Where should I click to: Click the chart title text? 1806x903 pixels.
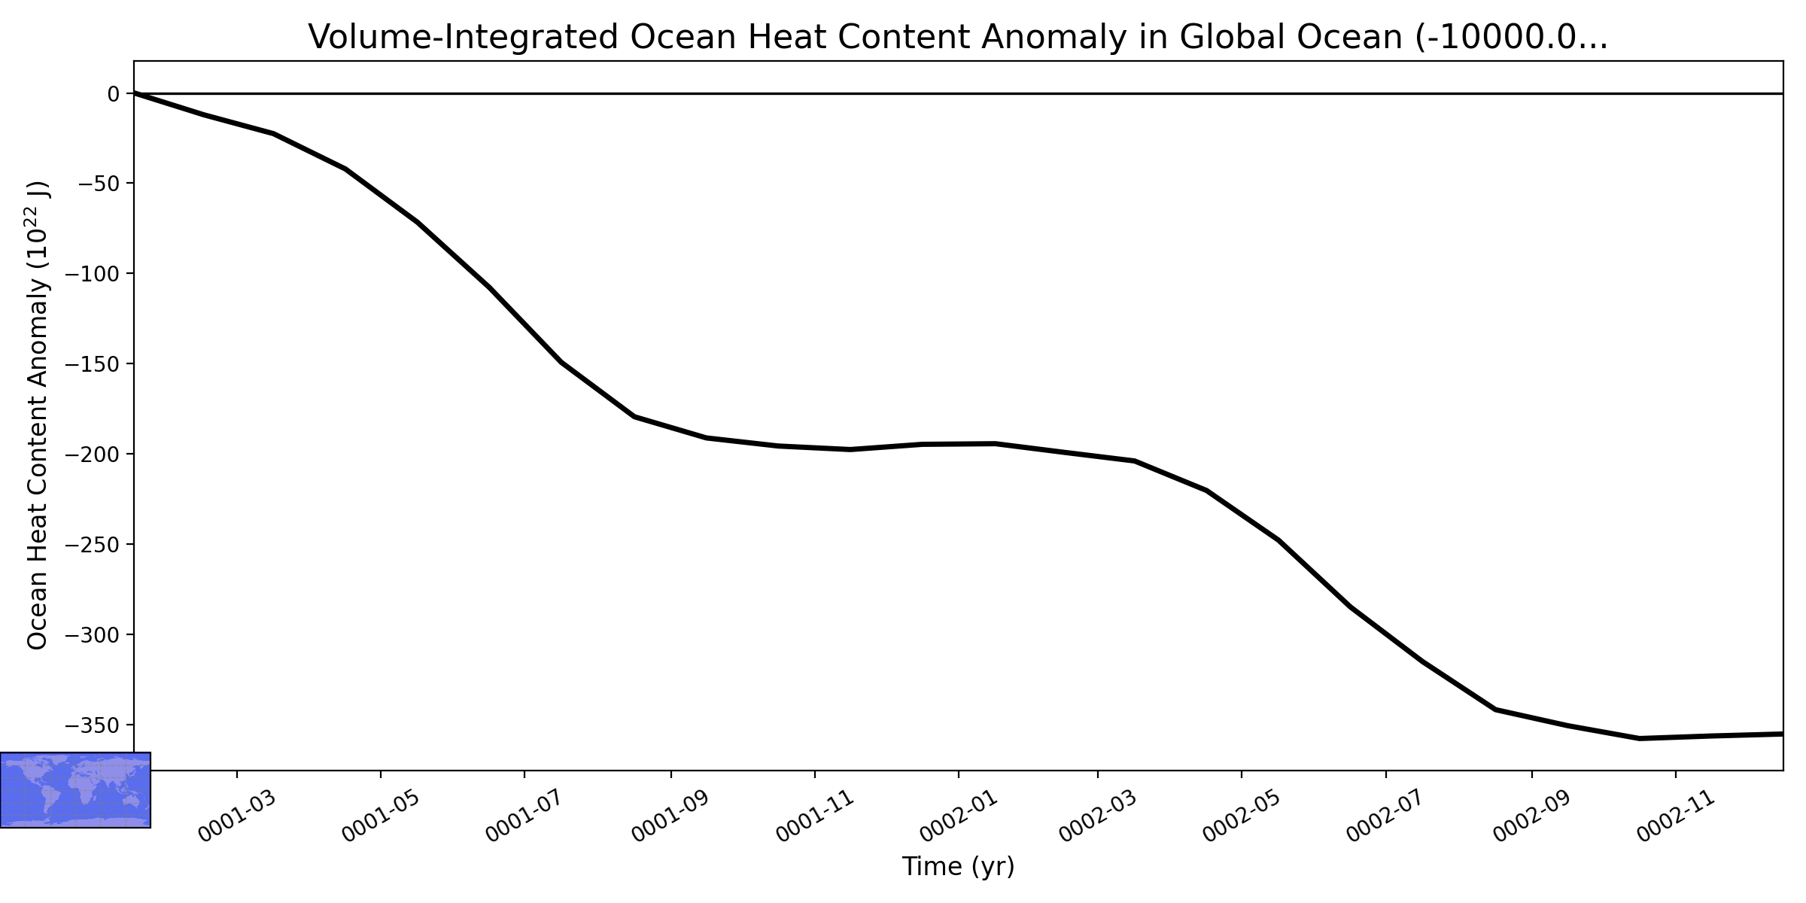(958, 37)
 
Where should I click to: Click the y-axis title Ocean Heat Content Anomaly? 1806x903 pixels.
(38, 415)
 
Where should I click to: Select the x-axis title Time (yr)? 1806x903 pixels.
(958, 867)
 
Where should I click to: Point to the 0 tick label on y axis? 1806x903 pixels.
(114, 94)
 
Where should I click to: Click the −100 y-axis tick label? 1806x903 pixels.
(93, 274)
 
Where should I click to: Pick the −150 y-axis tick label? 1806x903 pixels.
(93, 364)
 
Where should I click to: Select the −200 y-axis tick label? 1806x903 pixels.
(93, 455)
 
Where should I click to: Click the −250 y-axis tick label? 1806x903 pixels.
(93, 545)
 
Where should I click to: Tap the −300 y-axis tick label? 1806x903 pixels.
(93, 635)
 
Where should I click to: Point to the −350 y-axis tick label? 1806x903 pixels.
(93, 725)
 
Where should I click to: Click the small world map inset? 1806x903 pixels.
(75, 790)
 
